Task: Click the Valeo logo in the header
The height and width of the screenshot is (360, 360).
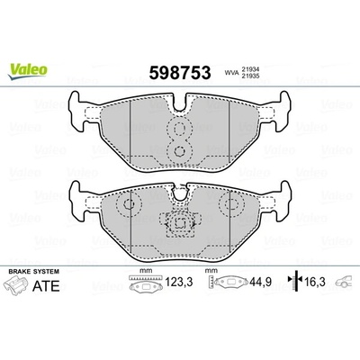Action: pos(28,72)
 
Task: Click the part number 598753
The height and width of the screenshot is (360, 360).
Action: pos(180,73)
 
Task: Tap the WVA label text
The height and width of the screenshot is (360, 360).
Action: pos(231,73)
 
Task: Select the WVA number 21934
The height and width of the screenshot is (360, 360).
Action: pos(249,69)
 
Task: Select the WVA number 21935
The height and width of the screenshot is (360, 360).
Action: pos(249,76)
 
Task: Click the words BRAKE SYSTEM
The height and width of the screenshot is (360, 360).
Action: pos(34,272)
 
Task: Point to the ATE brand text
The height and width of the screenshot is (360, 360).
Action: pos(46,286)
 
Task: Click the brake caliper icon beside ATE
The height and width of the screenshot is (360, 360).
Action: pos(14,285)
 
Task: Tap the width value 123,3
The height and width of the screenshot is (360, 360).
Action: pos(179,282)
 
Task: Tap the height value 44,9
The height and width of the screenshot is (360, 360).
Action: pos(260,282)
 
